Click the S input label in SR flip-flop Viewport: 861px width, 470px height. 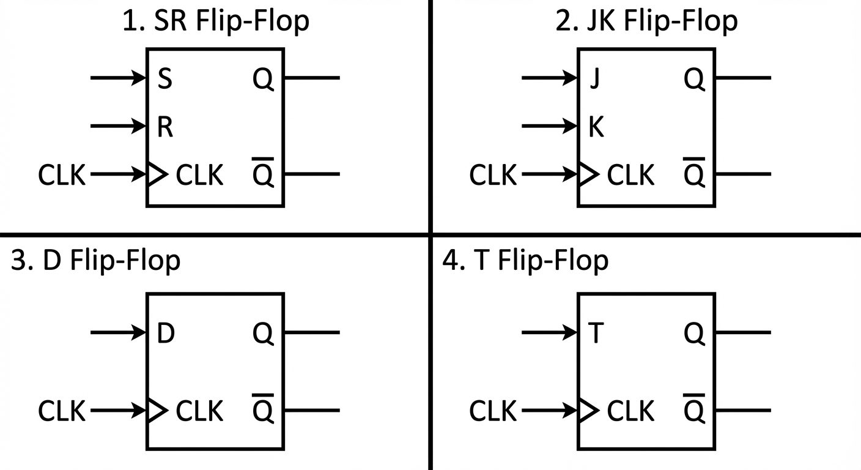click(164, 80)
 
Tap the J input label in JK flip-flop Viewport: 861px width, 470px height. click(594, 80)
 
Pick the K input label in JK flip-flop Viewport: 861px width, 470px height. click(596, 127)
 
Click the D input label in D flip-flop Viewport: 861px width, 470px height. click(166, 334)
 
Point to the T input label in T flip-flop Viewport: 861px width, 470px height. click(596, 334)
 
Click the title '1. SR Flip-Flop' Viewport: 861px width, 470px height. click(216, 21)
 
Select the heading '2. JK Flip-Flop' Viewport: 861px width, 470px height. click(647, 21)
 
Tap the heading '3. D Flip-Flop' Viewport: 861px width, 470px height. click(96, 260)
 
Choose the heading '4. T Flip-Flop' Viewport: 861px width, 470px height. click(526, 260)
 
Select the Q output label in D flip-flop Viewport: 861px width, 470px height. click(263, 334)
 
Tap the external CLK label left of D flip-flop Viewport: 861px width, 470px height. click(62, 411)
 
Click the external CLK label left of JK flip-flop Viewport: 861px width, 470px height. click(493, 175)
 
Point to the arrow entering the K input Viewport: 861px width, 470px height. click(549, 127)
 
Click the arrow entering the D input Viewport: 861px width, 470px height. click(119, 332)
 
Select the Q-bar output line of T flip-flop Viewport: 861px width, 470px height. click(742, 411)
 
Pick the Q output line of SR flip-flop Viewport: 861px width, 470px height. click(311, 78)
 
